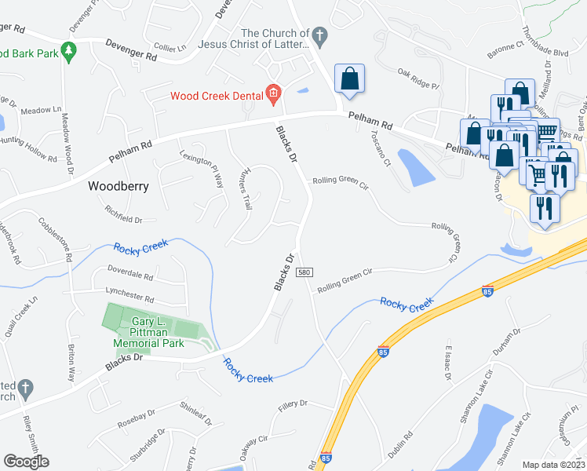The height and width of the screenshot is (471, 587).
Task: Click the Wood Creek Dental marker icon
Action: tap(273, 96)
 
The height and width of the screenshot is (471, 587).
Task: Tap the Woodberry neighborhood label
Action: tap(117, 187)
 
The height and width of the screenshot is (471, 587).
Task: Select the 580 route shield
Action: tap(305, 272)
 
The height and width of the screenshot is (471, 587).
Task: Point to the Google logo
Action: tap(26, 462)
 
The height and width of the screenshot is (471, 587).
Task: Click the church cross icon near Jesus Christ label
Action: tap(319, 35)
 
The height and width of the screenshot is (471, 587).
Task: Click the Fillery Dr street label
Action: tap(294, 405)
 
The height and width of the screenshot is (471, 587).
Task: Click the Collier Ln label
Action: tap(170, 48)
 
